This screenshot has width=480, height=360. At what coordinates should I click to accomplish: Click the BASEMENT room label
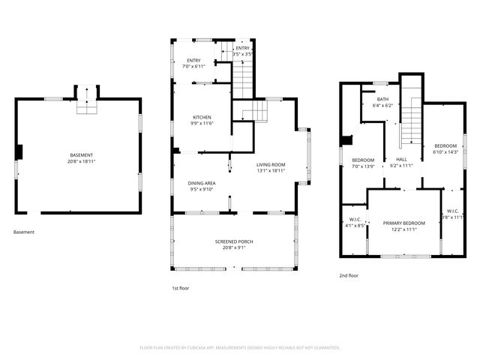[x=82, y=154]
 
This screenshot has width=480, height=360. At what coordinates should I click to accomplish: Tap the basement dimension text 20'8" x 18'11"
[x=82, y=160]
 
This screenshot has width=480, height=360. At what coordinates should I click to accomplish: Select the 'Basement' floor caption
[x=24, y=232]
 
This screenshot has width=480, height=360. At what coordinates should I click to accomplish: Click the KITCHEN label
[x=202, y=118]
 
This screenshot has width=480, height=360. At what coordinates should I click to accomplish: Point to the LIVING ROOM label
[x=271, y=164]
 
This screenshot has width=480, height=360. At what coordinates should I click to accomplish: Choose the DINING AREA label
[x=202, y=183]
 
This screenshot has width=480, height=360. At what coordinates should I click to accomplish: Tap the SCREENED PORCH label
[x=234, y=241]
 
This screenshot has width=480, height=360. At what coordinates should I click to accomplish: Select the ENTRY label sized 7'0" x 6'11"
[x=193, y=60]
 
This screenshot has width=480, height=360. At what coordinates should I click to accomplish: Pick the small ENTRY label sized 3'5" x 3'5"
[x=241, y=48]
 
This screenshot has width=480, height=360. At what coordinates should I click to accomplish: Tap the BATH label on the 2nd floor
[x=382, y=99]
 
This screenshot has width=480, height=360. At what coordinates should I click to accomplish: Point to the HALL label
[x=402, y=160]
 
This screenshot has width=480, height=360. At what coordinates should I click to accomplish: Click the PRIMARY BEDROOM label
[x=403, y=223]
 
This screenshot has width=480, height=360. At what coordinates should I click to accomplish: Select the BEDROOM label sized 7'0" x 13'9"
[x=363, y=160]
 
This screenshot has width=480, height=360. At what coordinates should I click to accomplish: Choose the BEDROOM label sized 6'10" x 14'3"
[x=445, y=145]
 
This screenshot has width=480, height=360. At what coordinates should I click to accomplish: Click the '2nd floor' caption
[x=349, y=275]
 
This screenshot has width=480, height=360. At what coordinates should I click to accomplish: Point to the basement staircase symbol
[x=86, y=103]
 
